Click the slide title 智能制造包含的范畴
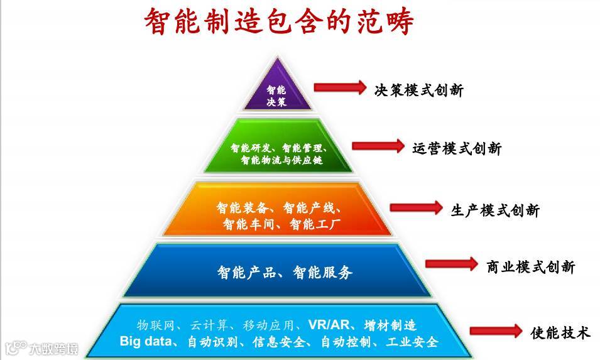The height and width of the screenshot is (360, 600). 280,23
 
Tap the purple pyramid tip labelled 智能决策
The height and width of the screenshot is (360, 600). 276,94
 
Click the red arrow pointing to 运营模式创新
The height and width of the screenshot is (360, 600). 378,146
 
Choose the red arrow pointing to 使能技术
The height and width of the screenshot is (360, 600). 496,331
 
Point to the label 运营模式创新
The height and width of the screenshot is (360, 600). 457,149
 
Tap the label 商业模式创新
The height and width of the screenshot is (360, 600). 531,267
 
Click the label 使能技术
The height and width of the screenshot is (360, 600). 560,333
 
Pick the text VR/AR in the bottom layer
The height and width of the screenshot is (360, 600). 325,325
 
